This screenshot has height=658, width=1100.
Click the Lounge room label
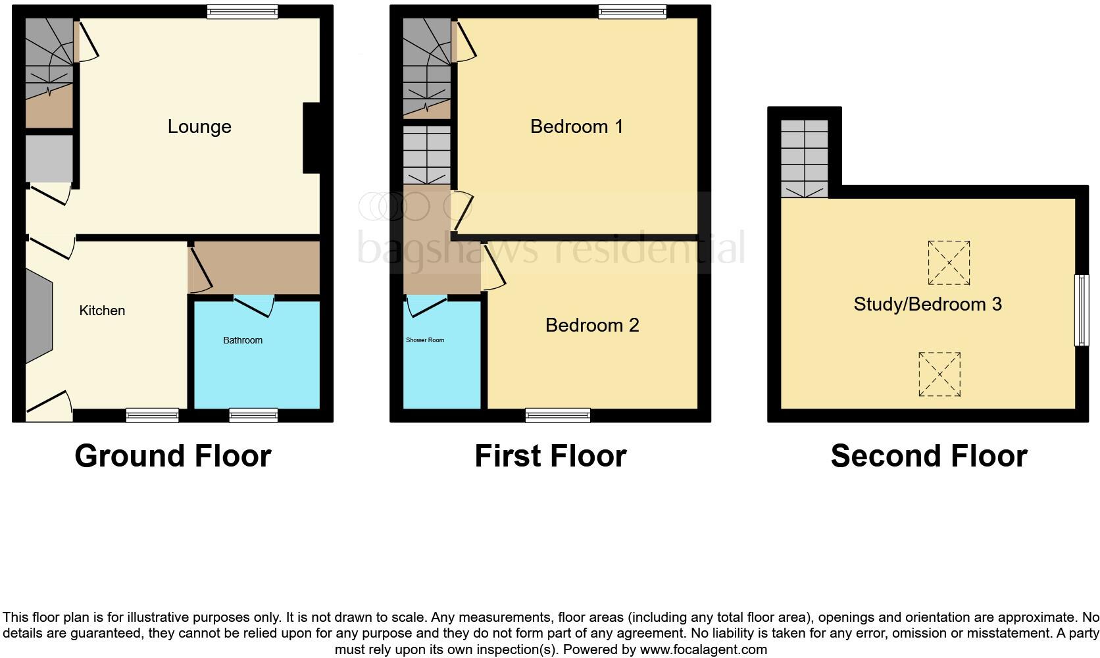(199, 126)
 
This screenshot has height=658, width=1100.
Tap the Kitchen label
(102, 311)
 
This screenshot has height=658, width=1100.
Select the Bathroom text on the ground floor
(243, 340)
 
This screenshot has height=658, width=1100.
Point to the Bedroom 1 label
(576, 126)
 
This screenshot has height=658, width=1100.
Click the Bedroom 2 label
(592, 325)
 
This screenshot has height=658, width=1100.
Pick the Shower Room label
(425, 340)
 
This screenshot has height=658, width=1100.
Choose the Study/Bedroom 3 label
(928, 304)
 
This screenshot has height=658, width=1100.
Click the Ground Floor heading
(172, 456)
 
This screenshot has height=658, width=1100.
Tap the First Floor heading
(550, 456)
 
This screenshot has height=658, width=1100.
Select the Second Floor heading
(928, 456)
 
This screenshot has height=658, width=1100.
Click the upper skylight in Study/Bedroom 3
(949, 263)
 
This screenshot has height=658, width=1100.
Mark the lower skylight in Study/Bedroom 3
(939, 374)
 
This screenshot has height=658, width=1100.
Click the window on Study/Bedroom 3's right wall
(1081, 310)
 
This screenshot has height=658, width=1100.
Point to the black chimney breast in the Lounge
(311, 138)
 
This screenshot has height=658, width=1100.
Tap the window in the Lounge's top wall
(242, 12)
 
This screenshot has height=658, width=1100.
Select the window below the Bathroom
(253, 415)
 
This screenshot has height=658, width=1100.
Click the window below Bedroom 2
(558, 415)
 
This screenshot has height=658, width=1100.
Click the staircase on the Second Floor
(805, 159)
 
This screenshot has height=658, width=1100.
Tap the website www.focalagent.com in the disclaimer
(703, 649)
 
